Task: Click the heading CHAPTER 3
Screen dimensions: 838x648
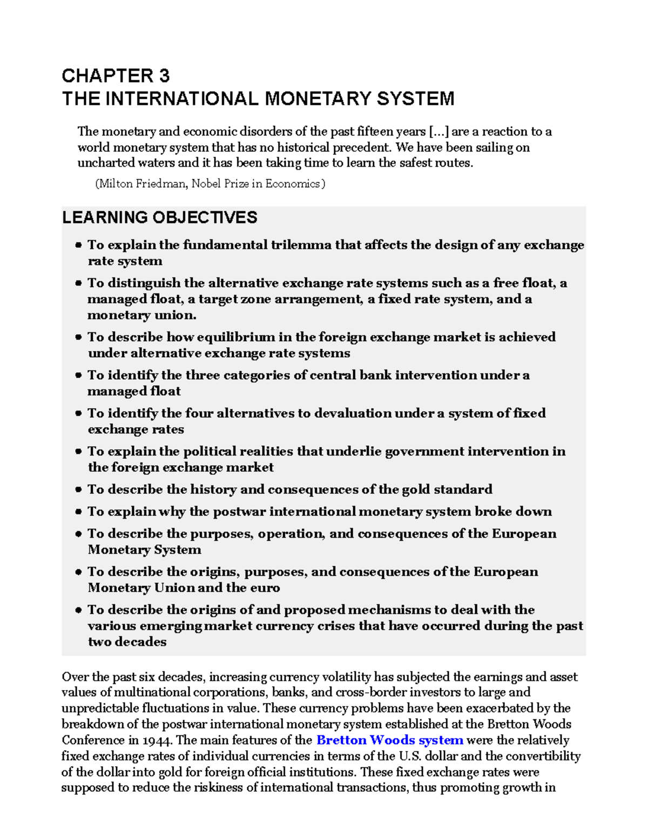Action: point(116,76)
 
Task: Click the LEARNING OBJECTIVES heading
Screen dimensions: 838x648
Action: point(159,217)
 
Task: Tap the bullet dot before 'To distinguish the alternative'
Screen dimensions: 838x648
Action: point(78,283)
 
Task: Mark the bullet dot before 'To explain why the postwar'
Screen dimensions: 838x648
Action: point(78,512)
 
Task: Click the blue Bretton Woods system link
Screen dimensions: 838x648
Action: point(389,740)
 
